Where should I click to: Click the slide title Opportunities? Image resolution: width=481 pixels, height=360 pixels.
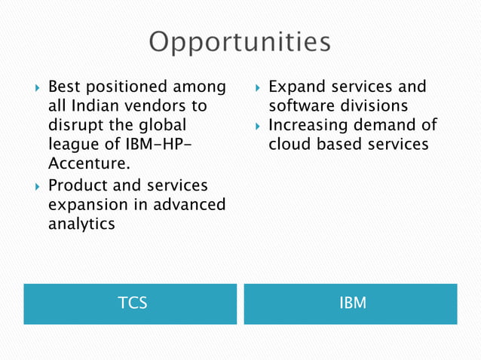240,42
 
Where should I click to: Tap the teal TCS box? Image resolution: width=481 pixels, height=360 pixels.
130,304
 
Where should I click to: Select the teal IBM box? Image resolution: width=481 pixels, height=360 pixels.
351,304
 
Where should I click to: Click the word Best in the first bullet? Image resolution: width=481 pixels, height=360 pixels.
65,87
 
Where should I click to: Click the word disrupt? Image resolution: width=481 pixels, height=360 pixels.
75,126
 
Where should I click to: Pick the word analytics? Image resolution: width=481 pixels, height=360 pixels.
81,224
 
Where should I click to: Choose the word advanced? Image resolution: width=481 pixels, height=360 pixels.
188,204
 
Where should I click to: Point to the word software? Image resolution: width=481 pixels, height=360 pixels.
302,106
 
